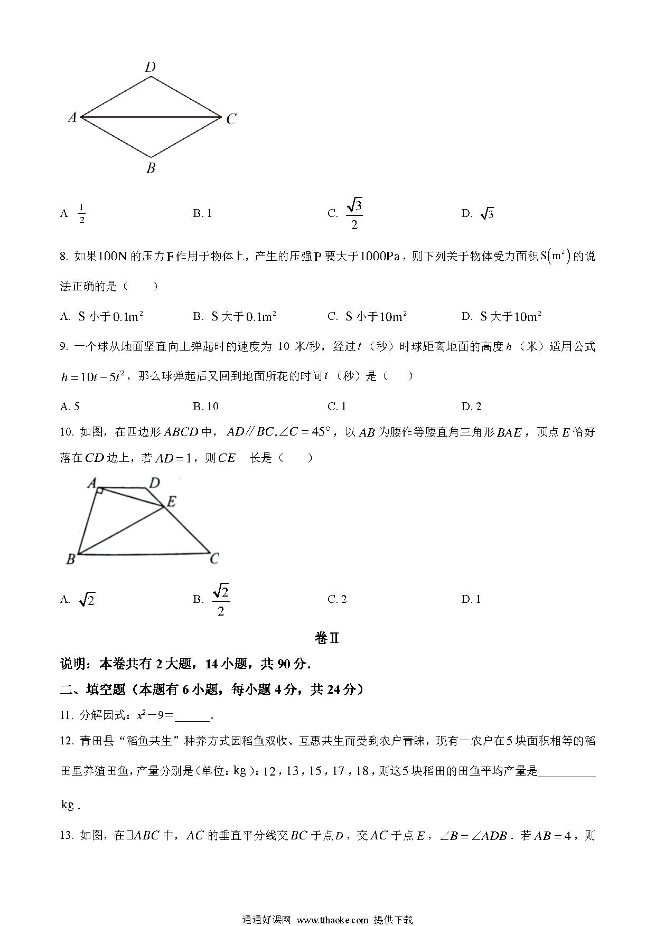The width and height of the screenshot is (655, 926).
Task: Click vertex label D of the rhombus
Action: tap(151, 67)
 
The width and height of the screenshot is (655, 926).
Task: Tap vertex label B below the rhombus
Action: tap(151, 168)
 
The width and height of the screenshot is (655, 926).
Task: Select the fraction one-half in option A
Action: tap(82, 213)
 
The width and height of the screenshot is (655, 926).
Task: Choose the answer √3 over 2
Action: tap(354, 214)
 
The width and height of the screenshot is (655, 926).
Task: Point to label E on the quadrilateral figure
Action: tap(171, 502)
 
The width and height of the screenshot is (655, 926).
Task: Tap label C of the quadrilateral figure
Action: tap(214, 559)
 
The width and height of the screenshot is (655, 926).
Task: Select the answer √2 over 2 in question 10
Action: tap(221, 600)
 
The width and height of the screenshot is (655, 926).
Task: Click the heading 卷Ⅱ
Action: tap(327, 638)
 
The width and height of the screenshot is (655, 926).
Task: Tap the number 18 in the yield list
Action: tap(362, 771)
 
